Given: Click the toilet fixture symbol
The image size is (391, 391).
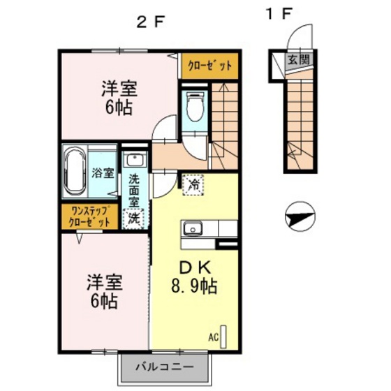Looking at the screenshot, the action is pos(195,106).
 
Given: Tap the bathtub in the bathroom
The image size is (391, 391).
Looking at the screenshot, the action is pos(75,171).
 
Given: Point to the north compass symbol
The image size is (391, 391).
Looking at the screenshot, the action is pos(300,216).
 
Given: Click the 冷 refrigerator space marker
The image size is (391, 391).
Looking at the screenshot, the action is pos(194,185).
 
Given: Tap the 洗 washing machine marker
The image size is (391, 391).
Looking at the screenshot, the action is pos(134,219).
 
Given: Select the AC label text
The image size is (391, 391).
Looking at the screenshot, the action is pos(214,337).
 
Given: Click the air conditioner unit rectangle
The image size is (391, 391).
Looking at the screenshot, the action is pos(223,337).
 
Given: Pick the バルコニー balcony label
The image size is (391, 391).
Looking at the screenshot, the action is pos(165,367).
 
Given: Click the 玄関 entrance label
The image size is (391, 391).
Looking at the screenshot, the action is pos(299,60).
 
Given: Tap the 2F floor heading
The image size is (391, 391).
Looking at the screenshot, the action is pos(150,23).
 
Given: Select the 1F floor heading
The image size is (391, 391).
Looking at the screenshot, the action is pos(279,13).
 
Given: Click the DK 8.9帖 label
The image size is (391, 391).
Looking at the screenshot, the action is pos(194,276).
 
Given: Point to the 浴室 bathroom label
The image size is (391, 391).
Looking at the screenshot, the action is pos(103,173).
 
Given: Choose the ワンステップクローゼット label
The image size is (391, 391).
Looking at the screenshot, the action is pos(90,216).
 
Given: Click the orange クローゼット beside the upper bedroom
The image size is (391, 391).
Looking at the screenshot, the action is pos(209,66).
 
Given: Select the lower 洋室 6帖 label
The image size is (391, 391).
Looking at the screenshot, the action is pos(105,292).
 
